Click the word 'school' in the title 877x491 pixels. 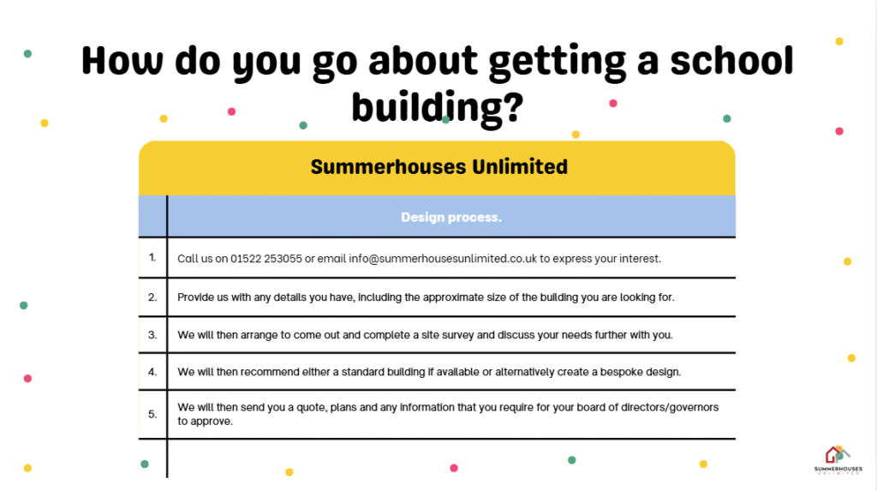[x=731, y=61]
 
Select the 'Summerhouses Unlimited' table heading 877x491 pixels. [x=439, y=167]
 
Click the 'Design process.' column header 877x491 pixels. [x=451, y=218]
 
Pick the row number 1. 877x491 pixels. [x=152, y=258]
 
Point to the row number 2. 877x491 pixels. [x=152, y=297]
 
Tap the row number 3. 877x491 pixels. [x=152, y=335]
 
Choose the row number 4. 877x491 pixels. [x=152, y=372]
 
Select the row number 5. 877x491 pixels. [x=152, y=414]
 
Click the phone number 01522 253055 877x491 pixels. [x=266, y=259]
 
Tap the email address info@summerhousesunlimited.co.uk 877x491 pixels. [x=443, y=259]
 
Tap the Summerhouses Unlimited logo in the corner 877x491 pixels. [x=838, y=460]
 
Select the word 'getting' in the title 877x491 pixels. [x=557, y=62]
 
